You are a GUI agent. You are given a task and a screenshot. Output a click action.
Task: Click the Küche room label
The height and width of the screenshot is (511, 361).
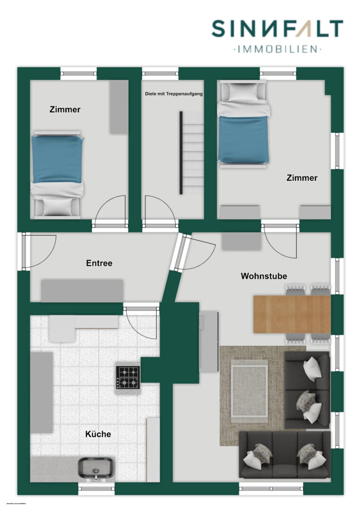(98, 434)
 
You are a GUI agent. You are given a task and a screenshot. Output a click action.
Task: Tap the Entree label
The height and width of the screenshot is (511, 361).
(99, 263)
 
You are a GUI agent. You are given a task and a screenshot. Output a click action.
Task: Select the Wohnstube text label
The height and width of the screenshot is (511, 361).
(264, 276)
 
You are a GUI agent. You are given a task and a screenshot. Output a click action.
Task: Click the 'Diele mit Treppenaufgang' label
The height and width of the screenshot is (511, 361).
(174, 94)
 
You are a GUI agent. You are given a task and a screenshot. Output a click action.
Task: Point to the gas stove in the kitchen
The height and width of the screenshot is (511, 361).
(128, 378)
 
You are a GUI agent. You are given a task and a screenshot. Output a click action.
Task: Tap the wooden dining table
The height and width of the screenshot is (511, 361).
(291, 314)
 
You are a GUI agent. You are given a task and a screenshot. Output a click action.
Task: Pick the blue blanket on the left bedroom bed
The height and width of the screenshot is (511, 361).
(57, 159)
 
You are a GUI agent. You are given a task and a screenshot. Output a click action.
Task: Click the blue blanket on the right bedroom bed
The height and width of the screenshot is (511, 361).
(243, 140)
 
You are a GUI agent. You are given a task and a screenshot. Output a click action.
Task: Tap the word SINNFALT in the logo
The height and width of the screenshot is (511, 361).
(277, 29)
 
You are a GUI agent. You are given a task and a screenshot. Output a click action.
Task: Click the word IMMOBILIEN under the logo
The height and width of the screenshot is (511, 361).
(277, 49)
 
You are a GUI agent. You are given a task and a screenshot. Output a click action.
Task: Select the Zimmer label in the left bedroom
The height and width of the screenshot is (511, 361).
(65, 110)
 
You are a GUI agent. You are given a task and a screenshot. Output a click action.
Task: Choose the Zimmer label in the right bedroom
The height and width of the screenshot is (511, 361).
(302, 178)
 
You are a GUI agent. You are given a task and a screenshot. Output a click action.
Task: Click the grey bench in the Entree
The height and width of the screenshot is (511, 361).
(82, 290)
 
